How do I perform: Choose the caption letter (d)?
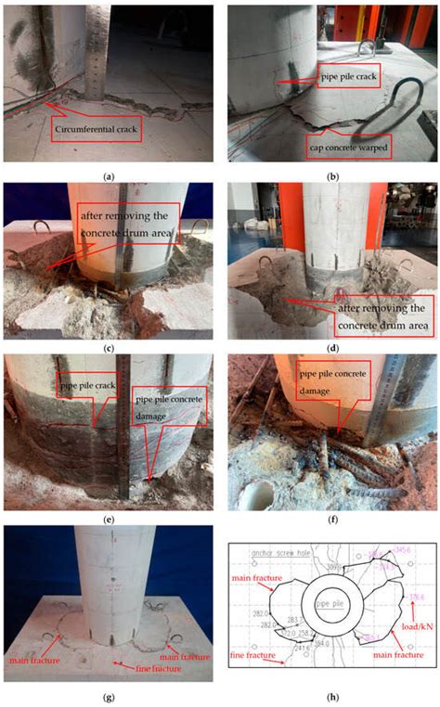pyautogui.click(x=330, y=348)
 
